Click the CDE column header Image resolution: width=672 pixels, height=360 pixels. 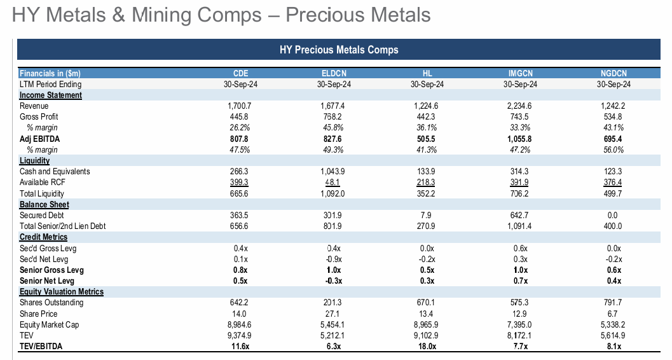coord(240,73)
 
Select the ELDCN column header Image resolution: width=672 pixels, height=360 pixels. coord(333,73)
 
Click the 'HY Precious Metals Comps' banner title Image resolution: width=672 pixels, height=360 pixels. coord(339,50)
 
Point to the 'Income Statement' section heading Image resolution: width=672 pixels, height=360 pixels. coord(51,95)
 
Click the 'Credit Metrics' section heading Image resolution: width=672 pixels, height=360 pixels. coord(44,237)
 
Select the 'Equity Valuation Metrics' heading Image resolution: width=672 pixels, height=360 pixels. coord(62,292)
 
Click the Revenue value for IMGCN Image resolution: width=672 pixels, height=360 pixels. coord(520,106)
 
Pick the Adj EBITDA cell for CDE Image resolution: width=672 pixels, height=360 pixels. coord(240,139)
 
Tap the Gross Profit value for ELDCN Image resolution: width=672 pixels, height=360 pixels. coord(333,117)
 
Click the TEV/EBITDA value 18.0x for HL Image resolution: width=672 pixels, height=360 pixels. coord(427,347)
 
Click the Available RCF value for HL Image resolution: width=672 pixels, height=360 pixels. coord(427,183)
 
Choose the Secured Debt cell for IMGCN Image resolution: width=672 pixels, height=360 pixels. coord(520,215)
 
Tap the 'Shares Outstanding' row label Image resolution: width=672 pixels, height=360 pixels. coord(51,303)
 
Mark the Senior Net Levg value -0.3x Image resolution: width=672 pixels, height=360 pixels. coord(333,281)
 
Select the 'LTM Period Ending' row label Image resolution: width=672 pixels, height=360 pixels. coord(50,84)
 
